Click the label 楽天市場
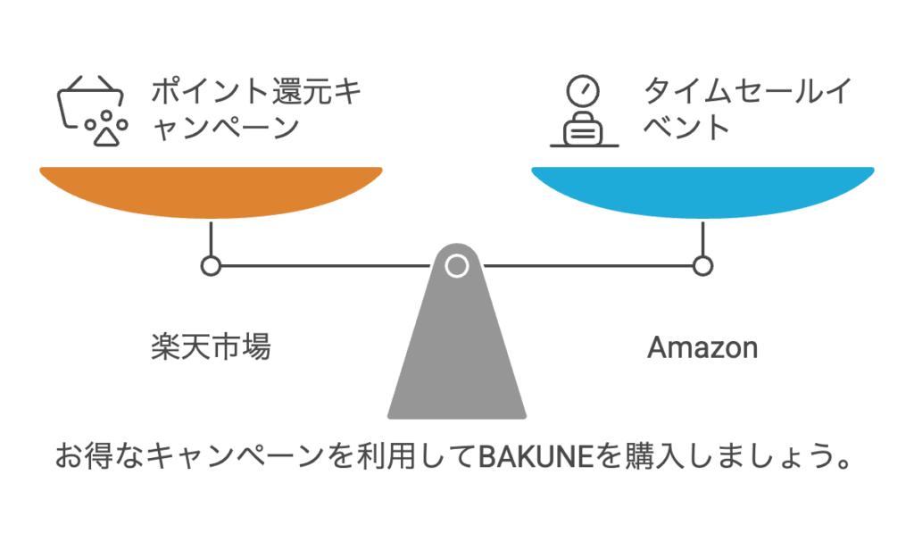[x=211, y=346]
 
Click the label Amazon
[x=702, y=347]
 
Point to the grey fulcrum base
[x=456, y=357]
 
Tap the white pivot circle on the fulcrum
[x=456, y=265]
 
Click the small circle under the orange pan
[x=211, y=265]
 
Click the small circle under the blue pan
[x=702, y=265]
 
